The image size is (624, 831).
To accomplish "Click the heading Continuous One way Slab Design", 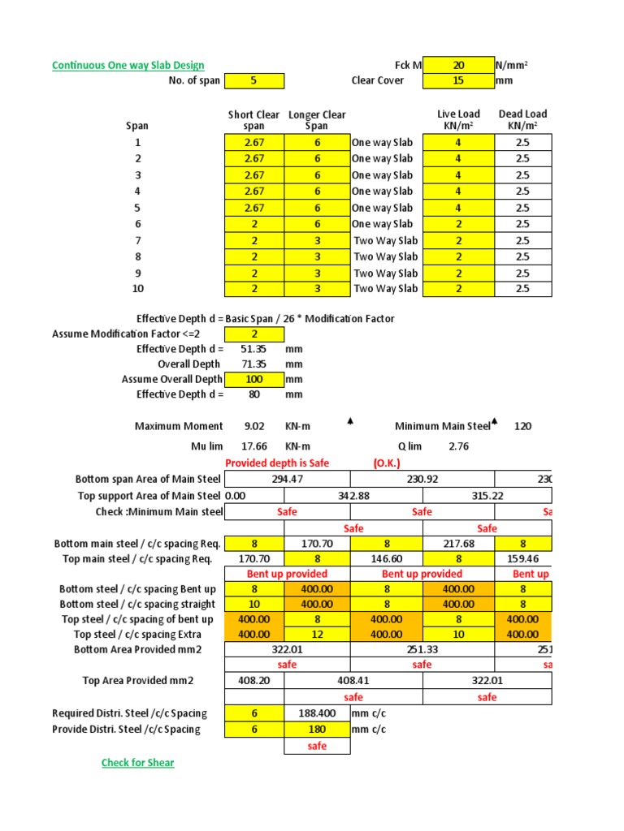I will pyautogui.click(x=128, y=65).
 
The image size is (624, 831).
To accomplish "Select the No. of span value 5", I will pyautogui.click(x=254, y=80).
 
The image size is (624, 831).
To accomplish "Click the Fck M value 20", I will pyautogui.click(x=457, y=65).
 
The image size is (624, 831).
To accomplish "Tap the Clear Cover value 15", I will pyautogui.click(x=457, y=80).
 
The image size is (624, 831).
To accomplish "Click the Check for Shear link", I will pyautogui.click(x=137, y=763).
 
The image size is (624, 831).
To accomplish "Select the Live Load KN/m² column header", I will pyautogui.click(x=458, y=120).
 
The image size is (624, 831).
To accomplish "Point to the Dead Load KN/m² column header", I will pyautogui.click(x=522, y=120).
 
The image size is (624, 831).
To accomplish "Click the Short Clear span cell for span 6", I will pyautogui.click(x=254, y=224).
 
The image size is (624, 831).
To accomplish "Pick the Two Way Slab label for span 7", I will pyautogui.click(x=385, y=240).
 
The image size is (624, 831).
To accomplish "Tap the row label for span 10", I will pyautogui.click(x=137, y=289).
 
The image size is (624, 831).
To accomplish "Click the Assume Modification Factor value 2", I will pyautogui.click(x=254, y=334).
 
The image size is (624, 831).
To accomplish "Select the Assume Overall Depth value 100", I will pyautogui.click(x=254, y=379).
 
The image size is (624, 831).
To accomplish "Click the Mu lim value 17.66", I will pyautogui.click(x=254, y=446).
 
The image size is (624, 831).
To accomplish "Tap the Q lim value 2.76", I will pyautogui.click(x=458, y=446).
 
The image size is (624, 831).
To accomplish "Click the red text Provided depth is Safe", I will pyautogui.click(x=277, y=463).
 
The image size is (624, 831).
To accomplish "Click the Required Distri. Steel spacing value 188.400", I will pyautogui.click(x=317, y=713).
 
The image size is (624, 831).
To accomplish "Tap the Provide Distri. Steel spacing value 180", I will pyautogui.click(x=317, y=730).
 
